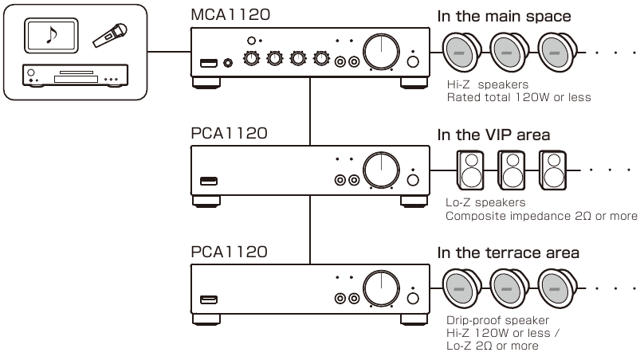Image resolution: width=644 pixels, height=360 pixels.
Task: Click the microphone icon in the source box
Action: click(x=110, y=35)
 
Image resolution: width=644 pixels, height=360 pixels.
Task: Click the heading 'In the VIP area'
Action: click(x=493, y=134)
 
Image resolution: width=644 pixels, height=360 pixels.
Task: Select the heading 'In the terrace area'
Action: click(x=509, y=253)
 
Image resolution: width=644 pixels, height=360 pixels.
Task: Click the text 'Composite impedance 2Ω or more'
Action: click(x=542, y=216)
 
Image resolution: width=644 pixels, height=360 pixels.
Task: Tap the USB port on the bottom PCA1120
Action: click(x=209, y=299)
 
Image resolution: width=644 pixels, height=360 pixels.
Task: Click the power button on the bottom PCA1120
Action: click(x=412, y=299)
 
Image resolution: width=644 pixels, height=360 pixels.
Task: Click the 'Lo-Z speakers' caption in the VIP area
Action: click(x=486, y=203)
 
